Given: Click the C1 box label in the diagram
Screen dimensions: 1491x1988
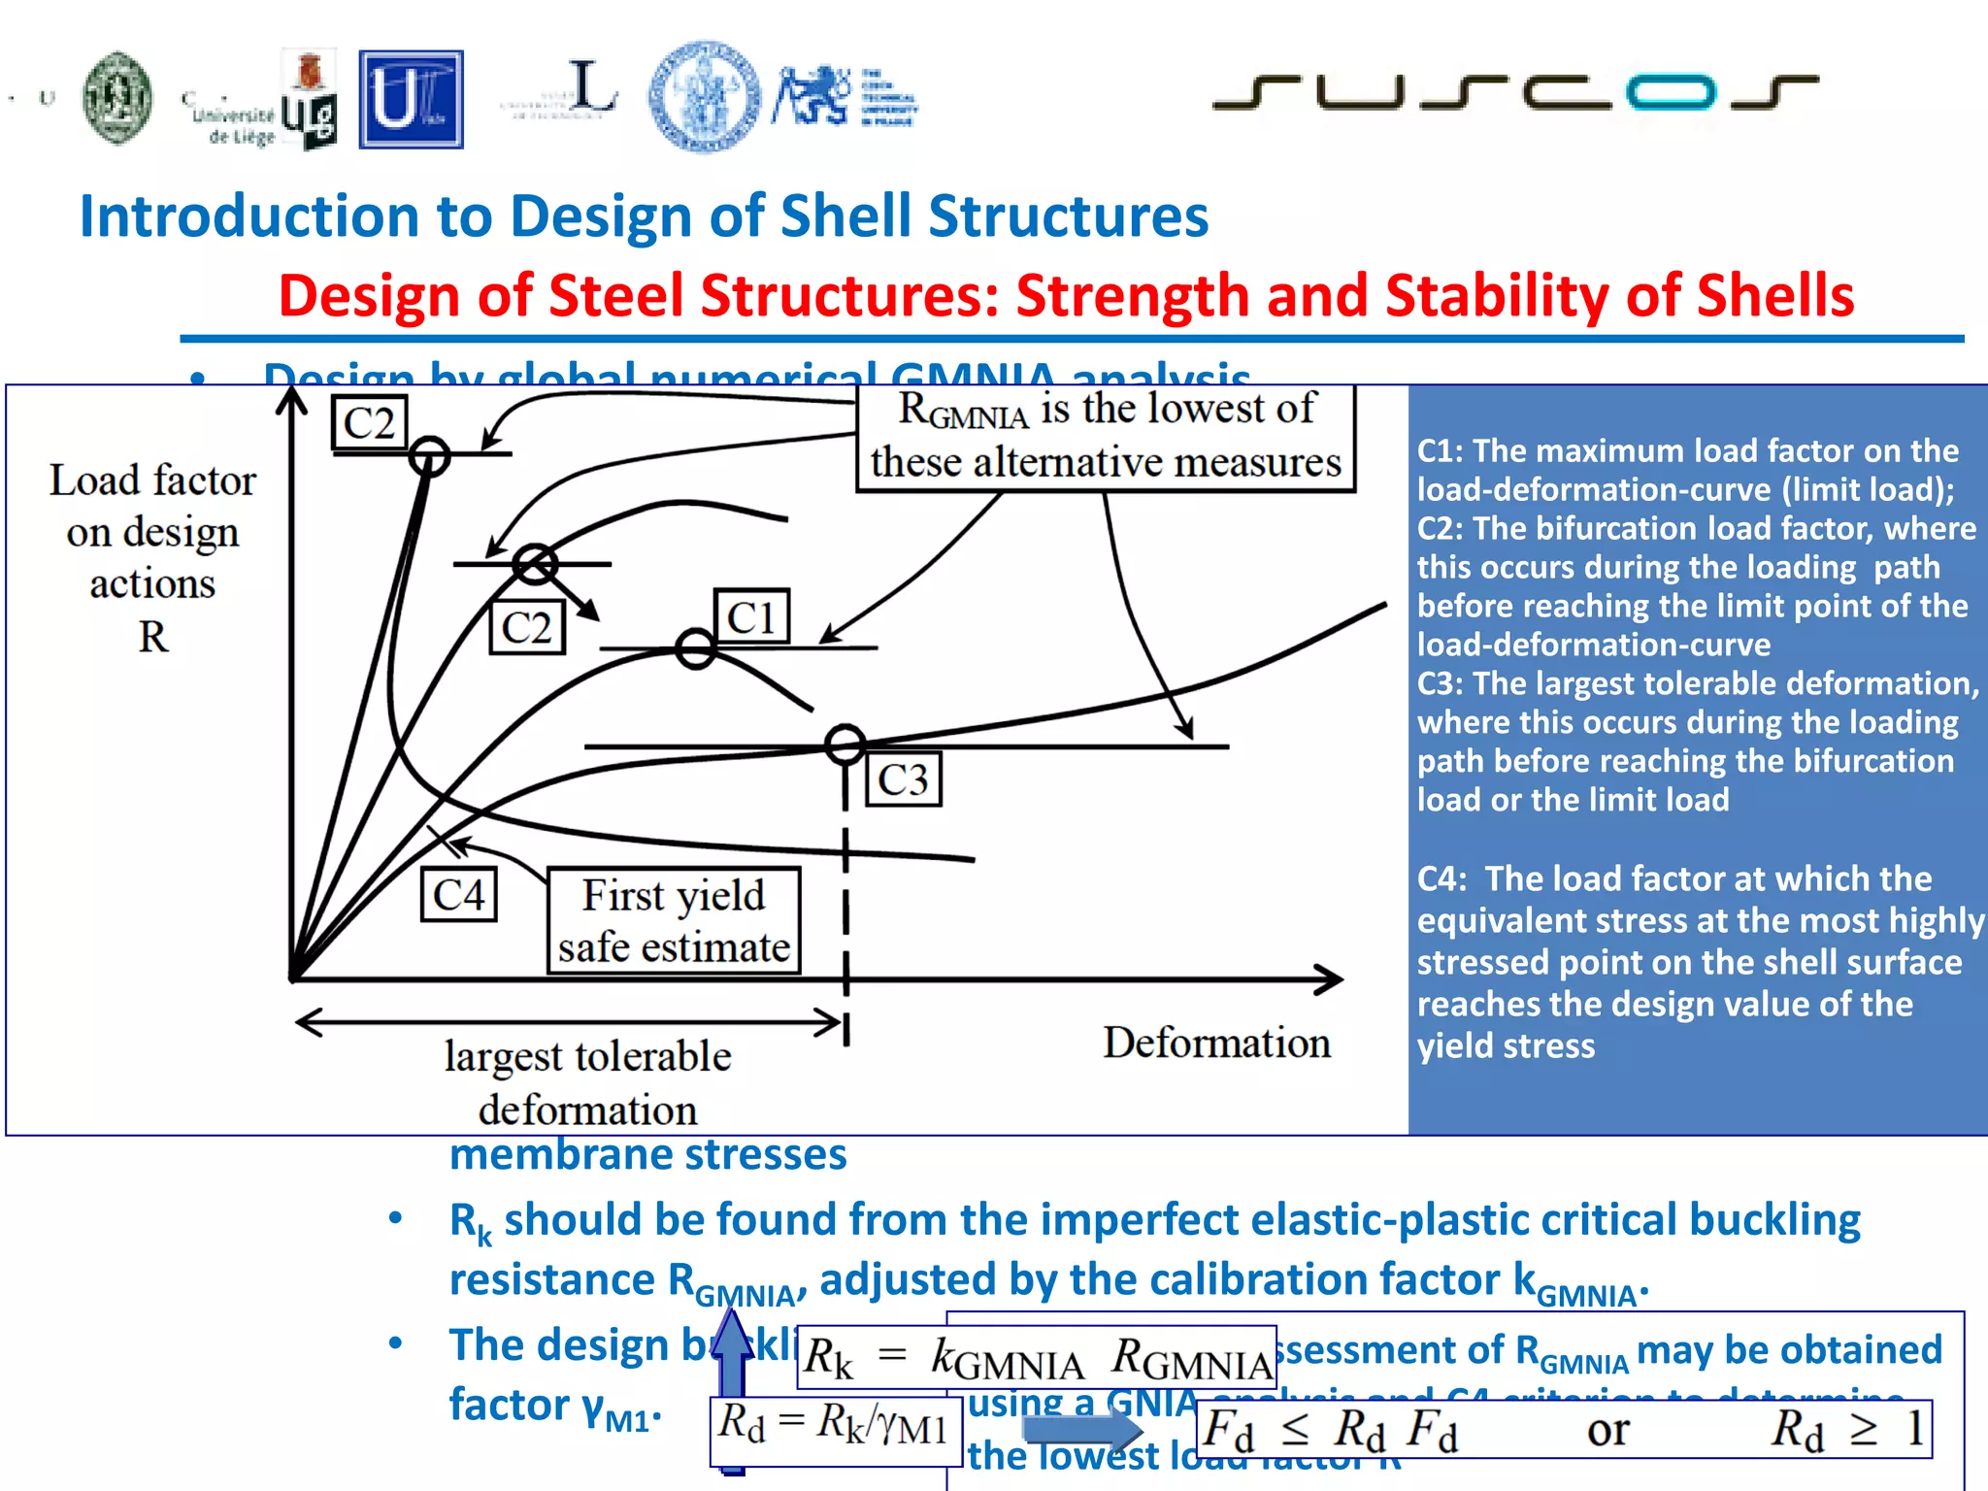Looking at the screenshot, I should click(751, 617).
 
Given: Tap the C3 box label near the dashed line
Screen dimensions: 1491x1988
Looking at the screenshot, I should click(903, 779).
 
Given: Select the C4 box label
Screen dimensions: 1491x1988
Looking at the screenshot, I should click(458, 894).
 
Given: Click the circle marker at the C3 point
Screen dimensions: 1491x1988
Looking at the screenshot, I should click(845, 745).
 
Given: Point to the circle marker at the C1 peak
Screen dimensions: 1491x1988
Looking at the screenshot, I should click(695, 648).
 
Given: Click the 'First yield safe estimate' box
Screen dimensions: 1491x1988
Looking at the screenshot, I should click(674, 920).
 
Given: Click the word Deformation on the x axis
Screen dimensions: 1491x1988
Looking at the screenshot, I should click(1215, 1043).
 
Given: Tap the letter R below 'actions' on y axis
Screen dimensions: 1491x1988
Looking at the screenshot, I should click(153, 638).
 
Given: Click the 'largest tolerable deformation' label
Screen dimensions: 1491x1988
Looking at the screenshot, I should click(587, 1081).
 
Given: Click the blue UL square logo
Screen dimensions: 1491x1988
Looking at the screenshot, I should click(411, 100).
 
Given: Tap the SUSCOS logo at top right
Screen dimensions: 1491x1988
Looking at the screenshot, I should click(1514, 92).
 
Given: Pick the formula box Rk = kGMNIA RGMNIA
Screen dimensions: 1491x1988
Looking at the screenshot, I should click(1036, 1357).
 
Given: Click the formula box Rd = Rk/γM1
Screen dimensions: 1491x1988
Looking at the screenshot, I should click(834, 1424).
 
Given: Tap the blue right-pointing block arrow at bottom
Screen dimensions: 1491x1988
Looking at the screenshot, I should click(1082, 1428).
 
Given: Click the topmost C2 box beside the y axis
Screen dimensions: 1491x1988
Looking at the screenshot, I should click(369, 423).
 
